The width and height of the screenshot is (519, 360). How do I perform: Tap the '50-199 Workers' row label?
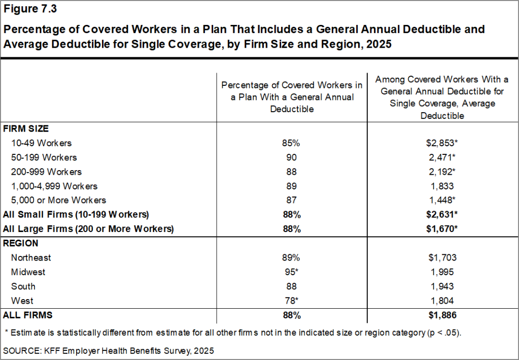(44, 157)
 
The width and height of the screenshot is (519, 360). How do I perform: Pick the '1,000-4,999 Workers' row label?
(54, 186)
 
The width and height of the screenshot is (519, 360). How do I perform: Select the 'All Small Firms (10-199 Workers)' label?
(76, 214)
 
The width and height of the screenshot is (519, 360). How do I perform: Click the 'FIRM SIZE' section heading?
(26, 129)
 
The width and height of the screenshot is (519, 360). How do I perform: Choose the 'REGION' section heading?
(21, 243)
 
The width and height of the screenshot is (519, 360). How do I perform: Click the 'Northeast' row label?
(31, 257)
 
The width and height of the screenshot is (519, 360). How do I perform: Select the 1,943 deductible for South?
(441, 286)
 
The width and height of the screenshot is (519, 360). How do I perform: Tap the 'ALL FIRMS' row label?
(28, 315)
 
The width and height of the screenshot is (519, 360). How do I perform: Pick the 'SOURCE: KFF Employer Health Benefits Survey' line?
(109, 350)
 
